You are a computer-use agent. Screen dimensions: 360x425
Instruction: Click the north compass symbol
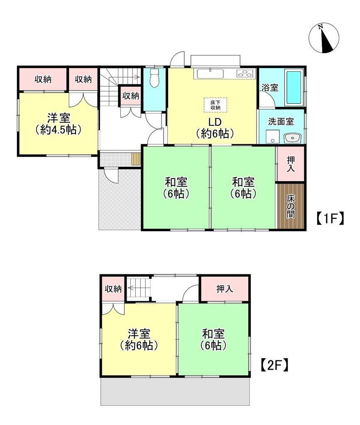click(324, 38)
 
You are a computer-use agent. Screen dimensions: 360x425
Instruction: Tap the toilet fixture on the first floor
click(154, 78)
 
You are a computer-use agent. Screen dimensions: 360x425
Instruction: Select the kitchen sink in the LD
click(210, 73)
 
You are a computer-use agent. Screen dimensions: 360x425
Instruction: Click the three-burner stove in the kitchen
click(245, 73)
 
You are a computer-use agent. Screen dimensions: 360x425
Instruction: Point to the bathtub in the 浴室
click(294, 87)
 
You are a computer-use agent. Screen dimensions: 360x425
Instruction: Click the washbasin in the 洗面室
click(292, 138)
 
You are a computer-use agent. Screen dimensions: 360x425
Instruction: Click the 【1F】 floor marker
click(330, 218)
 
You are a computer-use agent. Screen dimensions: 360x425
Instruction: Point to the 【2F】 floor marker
click(274, 365)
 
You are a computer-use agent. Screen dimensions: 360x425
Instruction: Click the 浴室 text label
click(270, 88)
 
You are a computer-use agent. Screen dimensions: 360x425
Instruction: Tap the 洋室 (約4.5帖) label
click(59, 124)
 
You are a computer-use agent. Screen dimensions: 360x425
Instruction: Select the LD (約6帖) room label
click(215, 128)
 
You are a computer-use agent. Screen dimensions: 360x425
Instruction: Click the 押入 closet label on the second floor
click(225, 289)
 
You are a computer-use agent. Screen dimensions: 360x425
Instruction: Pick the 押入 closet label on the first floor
click(291, 164)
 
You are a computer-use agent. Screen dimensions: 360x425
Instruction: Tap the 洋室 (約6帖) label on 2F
click(139, 340)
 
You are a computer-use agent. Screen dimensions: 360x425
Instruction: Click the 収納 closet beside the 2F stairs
click(113, 289)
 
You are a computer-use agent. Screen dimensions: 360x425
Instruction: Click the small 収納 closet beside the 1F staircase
click(130, 96)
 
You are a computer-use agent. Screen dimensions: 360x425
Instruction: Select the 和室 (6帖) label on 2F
click(213, 340)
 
